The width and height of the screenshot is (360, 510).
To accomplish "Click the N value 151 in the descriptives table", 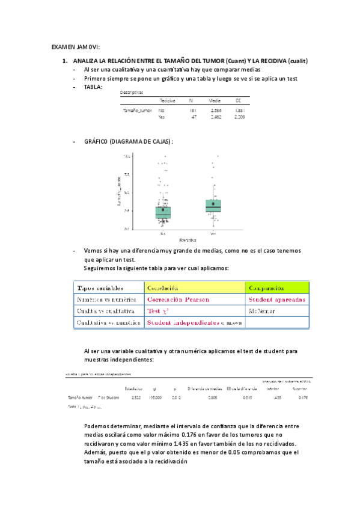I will [192, 111].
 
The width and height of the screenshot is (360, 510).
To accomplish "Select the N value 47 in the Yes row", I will [194, 117].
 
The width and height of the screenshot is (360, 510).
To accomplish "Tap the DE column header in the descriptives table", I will [239, 101].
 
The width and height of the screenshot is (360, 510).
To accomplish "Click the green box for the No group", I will [163, 212].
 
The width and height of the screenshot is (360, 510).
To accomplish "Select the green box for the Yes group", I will [213, 207].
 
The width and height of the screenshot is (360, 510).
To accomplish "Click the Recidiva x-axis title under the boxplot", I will [188, 239].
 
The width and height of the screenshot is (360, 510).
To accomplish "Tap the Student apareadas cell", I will [276, 299].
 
